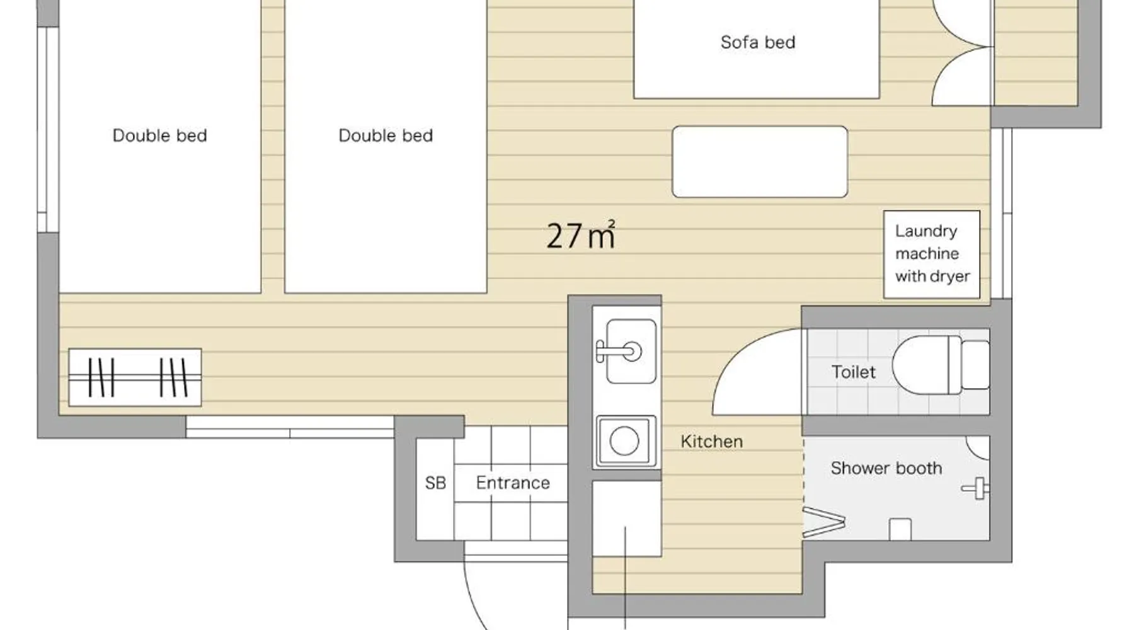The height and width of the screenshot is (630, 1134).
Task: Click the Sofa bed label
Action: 757,42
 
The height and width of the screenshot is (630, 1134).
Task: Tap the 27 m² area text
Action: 580,235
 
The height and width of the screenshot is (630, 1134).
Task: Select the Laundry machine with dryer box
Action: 932,254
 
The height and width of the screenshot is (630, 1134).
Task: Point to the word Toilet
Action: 853,372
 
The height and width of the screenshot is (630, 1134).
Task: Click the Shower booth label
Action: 886,468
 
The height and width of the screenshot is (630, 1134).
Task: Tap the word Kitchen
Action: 711,441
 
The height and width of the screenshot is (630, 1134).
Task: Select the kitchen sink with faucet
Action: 626,351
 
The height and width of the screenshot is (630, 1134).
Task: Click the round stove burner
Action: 624,440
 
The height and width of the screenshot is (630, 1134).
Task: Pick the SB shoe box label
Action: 435,483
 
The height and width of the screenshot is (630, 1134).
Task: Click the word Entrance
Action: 513,483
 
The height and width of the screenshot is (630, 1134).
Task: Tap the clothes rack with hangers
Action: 135,377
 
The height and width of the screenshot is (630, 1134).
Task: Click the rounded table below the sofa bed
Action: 760,162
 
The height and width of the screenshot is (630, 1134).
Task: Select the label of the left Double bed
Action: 159,135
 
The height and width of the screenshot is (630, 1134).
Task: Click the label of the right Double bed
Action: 386,135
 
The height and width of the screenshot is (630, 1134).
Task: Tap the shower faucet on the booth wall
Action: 976,488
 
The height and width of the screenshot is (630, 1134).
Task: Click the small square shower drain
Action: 900,529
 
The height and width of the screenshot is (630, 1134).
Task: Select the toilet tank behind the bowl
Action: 975,365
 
